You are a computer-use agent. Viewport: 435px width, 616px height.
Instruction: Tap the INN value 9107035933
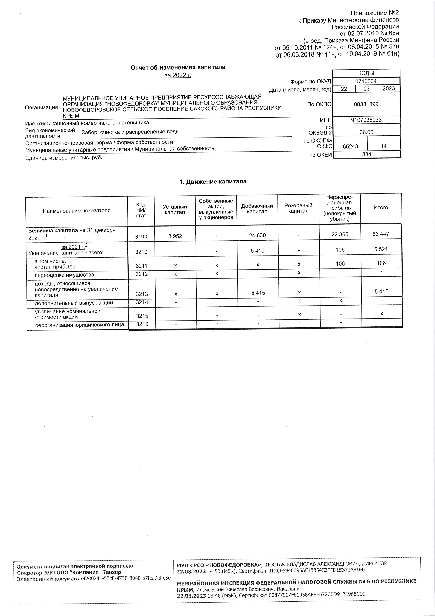tap(366, 120)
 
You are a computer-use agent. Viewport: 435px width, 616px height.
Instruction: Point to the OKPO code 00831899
tap(366, 104)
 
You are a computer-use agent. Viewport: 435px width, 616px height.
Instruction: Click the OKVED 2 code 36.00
tap(366, 132)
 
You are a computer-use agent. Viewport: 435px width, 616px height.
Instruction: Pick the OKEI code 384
tap(366, 154)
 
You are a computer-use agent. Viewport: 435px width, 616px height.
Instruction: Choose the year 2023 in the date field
tap(389, 89)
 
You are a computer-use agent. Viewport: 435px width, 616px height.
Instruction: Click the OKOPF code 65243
tap(350, 146)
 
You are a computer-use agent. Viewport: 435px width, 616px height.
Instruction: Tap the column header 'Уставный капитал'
tap(175, 209)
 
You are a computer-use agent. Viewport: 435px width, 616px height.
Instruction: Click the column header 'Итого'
tap(381, 207)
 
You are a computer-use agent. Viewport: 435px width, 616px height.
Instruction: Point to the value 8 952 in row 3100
tap(175, 236)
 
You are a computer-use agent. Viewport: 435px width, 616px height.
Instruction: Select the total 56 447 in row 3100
tap(381, 234)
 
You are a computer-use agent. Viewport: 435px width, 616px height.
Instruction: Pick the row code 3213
tap(142, 294)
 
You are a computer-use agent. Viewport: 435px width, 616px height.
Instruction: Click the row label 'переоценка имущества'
tap(64, 275)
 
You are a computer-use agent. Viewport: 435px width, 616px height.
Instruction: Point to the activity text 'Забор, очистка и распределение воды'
tap(130, 132)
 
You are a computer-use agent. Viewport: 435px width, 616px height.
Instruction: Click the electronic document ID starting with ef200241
tap(126, 578)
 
